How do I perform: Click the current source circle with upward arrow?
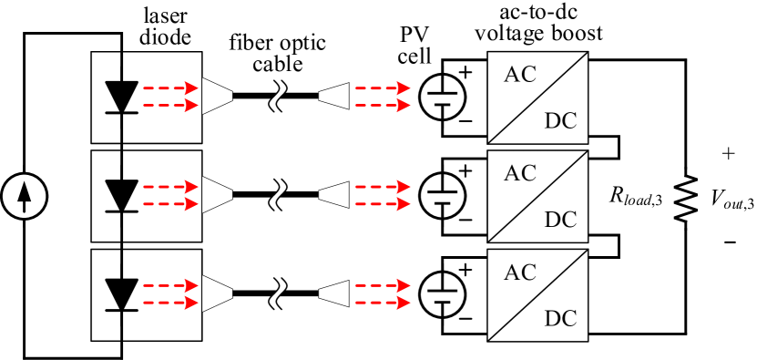pos(24,196)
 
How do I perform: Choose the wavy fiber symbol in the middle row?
pos(277,195)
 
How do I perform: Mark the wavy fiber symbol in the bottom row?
pos(277,293)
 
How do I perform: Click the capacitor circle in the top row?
pos(443,97)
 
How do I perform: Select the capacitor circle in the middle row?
pos(443,195)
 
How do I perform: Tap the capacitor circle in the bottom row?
pos(443,294)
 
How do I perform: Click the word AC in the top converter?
pos(520,75)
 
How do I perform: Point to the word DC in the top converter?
pos(560,121)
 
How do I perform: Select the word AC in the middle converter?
pos(520,173)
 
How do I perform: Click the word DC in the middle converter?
pos(560,220)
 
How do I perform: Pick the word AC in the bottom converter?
pos(520,272)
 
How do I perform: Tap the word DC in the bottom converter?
pos(560,318)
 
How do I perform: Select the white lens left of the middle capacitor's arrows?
pos(334,195)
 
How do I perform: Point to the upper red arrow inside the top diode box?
pos(170,88)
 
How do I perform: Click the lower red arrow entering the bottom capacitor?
pos(382,303)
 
